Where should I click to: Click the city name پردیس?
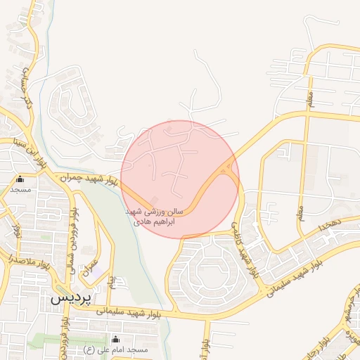[x=70, y=297]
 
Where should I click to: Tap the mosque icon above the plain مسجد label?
[x=20, y=179]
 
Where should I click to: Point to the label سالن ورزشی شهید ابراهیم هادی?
[x=154, y=216]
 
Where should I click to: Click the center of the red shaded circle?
[x=180, y=179]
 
